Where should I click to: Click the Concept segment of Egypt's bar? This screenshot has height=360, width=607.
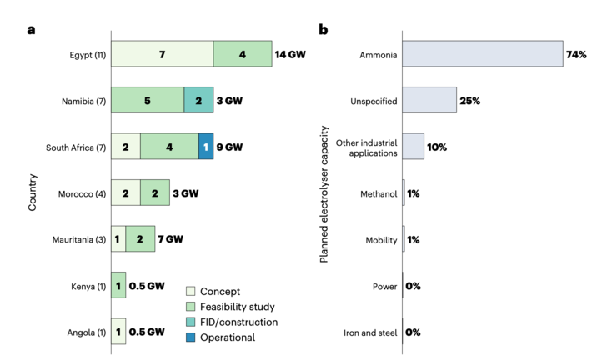click(x=162, y=54)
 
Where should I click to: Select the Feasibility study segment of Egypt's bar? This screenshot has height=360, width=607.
click(x=243, y=54)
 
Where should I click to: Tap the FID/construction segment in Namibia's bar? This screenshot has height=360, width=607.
click(x=198, y=100)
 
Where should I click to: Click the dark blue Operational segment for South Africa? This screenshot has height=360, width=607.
click(x=206, y=147)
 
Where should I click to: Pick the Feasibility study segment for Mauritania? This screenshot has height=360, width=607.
click(x=140, y=238)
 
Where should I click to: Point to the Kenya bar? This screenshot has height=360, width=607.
click(x=118, y=285)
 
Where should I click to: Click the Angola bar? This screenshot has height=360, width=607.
click(x=118, y=331)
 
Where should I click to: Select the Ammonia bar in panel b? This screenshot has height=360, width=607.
click(x=483, y=54)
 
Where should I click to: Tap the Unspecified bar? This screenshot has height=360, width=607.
click(x=429, y=100)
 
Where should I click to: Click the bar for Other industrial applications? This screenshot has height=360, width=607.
click(x=414, y=147)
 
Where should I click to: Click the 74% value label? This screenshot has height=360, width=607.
click(x=577, y=54)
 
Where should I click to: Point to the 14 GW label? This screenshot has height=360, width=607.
click(x=291, y=54)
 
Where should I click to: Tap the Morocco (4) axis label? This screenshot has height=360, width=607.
click(x=80, y=192)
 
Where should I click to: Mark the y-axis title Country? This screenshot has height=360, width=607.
click(x=33, y=192)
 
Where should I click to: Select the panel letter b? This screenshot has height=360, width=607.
click(x=324, y=30)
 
